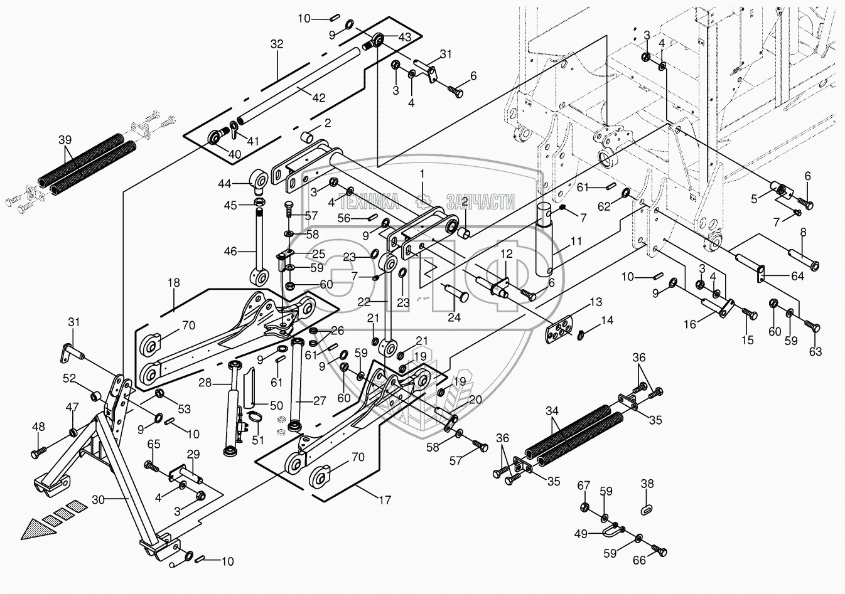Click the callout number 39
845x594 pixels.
[x=65, y=140]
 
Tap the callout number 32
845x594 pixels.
[x=276, y=44]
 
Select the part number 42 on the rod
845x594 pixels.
[x=319, y=98]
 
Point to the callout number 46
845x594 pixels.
[x=230, y=252]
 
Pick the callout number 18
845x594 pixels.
[x=174, y=283]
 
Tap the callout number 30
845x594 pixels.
[x=98, y=500]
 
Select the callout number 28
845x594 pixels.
[x=205, y=384]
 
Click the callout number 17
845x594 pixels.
[x=385, y=500]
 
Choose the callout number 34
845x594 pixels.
[x=552, y=410]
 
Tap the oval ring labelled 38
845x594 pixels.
[x=647, y=510]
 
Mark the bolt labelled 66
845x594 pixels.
[x=659, y=552]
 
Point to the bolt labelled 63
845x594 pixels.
[x=811, y=328]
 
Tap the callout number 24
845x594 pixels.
[x=454, y=317]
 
